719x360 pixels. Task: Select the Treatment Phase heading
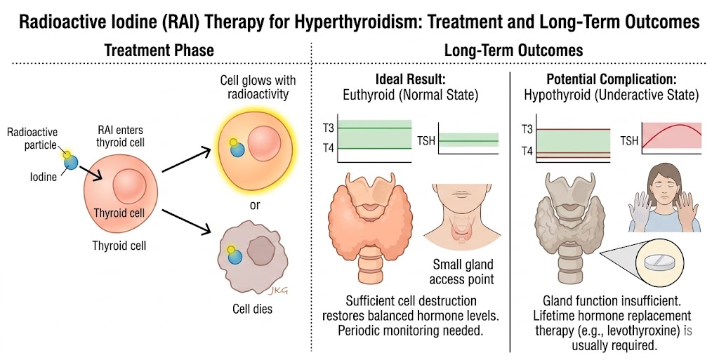click(159, 50)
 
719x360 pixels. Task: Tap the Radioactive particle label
click(32, 139)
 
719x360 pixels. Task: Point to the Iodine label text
click(43, 177)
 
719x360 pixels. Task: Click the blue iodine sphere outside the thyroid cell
click(71, 161)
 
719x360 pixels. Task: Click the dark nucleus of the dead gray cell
click(261, 252)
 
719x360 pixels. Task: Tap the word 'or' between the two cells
click(255, 205)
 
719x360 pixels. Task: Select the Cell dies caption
click(252, 309)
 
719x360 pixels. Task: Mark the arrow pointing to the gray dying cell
click(185, 222)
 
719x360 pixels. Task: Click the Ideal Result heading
click(410, 79)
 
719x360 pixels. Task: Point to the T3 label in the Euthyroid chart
click(329, 128)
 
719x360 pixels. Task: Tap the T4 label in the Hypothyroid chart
click(528, 151)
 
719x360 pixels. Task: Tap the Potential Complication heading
click(612, 79)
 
